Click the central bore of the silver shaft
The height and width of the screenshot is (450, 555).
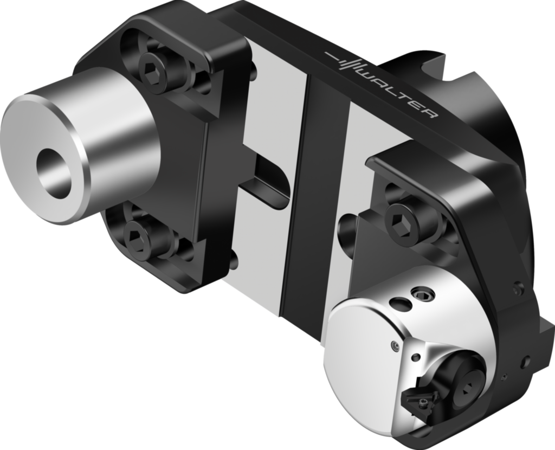tap(53, 171)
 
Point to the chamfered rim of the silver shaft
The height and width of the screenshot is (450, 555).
tap(81, 163)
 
